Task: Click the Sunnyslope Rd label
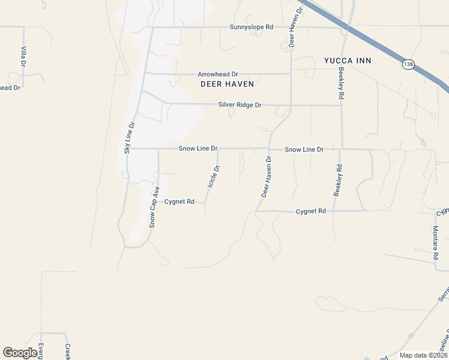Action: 252,27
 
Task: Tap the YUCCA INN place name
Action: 348,61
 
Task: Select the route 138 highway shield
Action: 409,64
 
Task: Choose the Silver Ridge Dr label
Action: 240,105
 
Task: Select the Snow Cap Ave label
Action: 154,207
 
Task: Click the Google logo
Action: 20,353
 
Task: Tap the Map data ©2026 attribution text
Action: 424,355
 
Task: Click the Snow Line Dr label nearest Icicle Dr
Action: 197,148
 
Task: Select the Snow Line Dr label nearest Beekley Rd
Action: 304,149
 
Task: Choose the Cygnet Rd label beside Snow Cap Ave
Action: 179,202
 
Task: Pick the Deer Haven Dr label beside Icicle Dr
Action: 266,177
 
